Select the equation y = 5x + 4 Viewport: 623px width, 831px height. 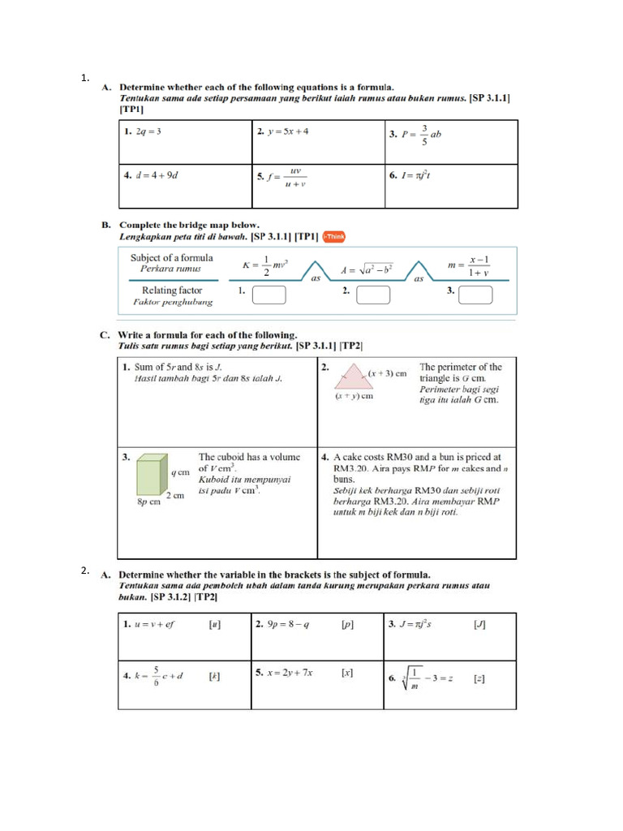click(287, 131)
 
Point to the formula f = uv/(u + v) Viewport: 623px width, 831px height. click(288, 176)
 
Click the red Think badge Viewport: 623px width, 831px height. click(333, 236)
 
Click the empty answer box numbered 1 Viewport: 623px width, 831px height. click(269, 294)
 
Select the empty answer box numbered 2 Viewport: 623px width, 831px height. click(374, 294)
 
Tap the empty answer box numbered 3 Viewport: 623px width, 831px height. click(475, 294)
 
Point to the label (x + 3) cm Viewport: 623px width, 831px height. click(388, 373)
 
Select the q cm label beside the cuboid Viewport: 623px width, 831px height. click(179, 471)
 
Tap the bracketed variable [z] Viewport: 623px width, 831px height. click(479, 678)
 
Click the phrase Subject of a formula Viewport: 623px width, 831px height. click(172, 258)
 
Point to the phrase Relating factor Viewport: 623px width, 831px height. click(172, 290)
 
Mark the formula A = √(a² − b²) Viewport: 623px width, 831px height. click(367, 269)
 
